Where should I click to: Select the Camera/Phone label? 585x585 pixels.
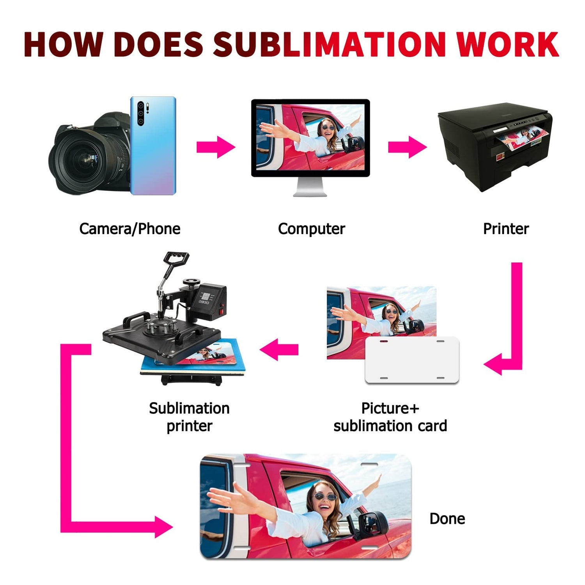(129, 229)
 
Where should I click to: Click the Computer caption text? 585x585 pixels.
(311, 229)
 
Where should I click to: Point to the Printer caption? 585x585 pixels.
(506, 229)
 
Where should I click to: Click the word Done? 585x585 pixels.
(447, 519)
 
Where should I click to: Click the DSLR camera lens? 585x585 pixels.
(84, 160)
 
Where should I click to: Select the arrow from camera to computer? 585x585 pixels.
(216, 147)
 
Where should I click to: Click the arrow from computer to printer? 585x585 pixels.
(407, 147)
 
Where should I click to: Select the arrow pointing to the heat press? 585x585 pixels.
(279, 349)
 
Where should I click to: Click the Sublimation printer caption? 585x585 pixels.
(189, 417)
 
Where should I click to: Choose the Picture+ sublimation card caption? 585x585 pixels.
(390, 417)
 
